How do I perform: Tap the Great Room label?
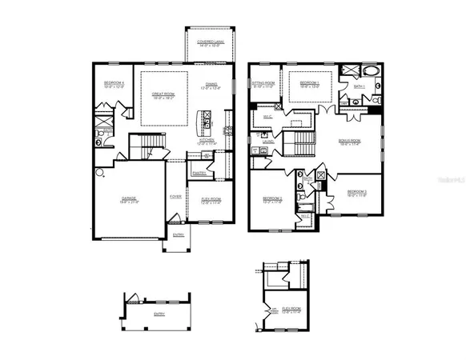point(163,95)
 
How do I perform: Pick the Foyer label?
point(175,196)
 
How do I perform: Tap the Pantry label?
point(199,173)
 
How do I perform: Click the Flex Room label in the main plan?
point(211,200)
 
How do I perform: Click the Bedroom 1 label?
point(310,83)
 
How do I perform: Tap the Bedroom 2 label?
point(357,193)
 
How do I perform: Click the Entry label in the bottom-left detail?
point(159,314)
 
